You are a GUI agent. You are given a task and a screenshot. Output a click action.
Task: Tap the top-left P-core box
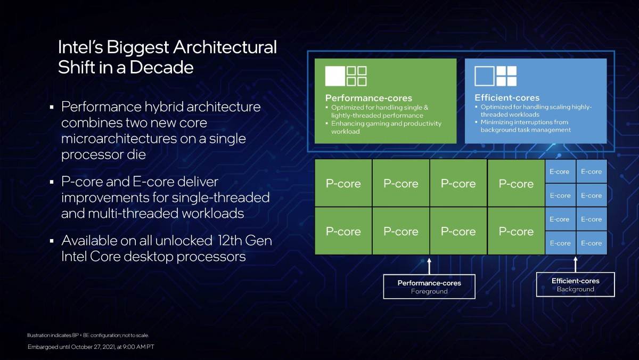[x=343, y=183]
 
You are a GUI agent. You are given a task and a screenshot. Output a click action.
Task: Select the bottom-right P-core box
[x=515, y=231]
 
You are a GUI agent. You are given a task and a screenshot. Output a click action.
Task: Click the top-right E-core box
[x=591, y=171]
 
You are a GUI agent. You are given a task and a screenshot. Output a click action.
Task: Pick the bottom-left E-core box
[x=560, y=243]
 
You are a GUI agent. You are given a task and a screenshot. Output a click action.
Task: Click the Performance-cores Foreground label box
[x=429, y=287]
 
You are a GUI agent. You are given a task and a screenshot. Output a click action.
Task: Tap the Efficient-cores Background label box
[x=575, y=284]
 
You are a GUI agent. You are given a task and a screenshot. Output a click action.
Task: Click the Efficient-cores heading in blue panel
[x=507, y=98]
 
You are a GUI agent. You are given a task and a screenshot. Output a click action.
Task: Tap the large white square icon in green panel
[x=335, y=76]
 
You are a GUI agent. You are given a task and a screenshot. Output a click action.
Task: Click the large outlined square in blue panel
[x=484, y=76]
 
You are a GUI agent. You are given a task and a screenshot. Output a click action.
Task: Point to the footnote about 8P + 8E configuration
[x=88, y=335]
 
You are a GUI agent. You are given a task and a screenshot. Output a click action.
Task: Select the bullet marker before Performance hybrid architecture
[x=52, y=108]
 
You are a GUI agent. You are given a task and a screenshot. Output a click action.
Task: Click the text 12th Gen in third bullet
[x=245, y=240]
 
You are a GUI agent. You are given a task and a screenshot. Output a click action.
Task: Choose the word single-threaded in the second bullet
[x=220, y=198]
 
